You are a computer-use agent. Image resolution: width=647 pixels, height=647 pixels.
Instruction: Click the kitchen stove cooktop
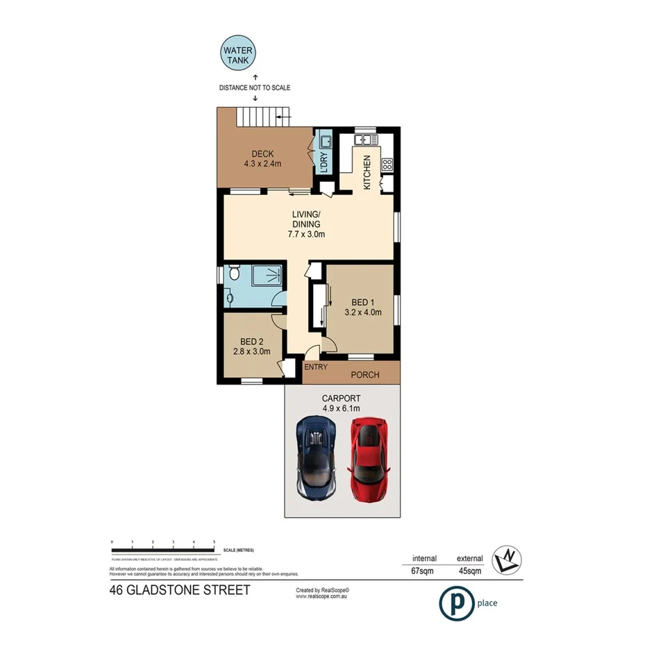[x=387, y=165]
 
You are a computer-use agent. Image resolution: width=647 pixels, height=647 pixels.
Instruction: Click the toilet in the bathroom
[x=234, y=276]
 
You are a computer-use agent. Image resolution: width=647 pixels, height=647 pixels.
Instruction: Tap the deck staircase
[x=263, y=117]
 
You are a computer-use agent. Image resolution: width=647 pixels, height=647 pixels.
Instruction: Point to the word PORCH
[x=364, y=375]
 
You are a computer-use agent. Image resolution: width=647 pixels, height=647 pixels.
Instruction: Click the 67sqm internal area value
[x=424, y=571]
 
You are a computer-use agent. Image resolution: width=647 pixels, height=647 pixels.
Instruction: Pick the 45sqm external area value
[x=469, y=571]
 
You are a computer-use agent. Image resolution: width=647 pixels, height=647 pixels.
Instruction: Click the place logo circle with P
[x=455, y=603]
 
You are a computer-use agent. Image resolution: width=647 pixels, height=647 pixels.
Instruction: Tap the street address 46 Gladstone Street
[x=180, y=591]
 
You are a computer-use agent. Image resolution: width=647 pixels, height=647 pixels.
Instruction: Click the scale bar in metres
[x=163, y=551]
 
